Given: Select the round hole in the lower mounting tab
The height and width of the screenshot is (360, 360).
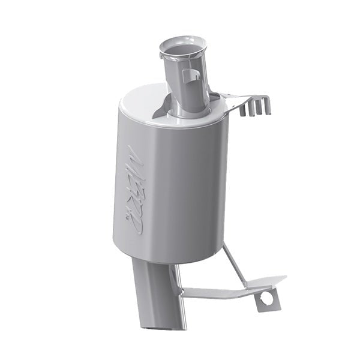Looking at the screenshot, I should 266,298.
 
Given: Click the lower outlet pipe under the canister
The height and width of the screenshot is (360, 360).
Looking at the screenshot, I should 157,288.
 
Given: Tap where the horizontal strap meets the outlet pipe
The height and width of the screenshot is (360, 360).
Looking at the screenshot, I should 180,293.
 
